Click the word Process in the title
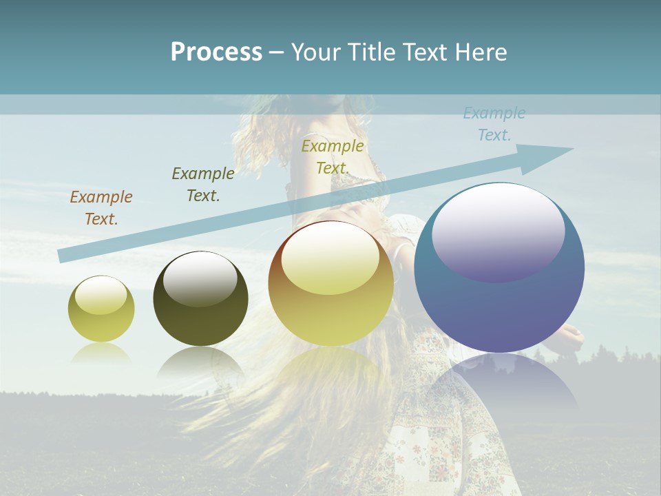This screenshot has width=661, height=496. point(216,52)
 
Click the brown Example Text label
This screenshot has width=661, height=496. point(101,208)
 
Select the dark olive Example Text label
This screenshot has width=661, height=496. point(203,185)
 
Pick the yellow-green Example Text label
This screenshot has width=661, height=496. point(333,157)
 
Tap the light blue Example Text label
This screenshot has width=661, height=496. point(494,124)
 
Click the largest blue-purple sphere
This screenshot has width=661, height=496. point(499,303)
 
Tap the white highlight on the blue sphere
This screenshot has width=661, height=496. point(498,231)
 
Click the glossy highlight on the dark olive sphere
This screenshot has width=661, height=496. point(200,279)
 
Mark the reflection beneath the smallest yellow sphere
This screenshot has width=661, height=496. point(101,354)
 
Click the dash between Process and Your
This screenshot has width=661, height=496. point(276,52)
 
